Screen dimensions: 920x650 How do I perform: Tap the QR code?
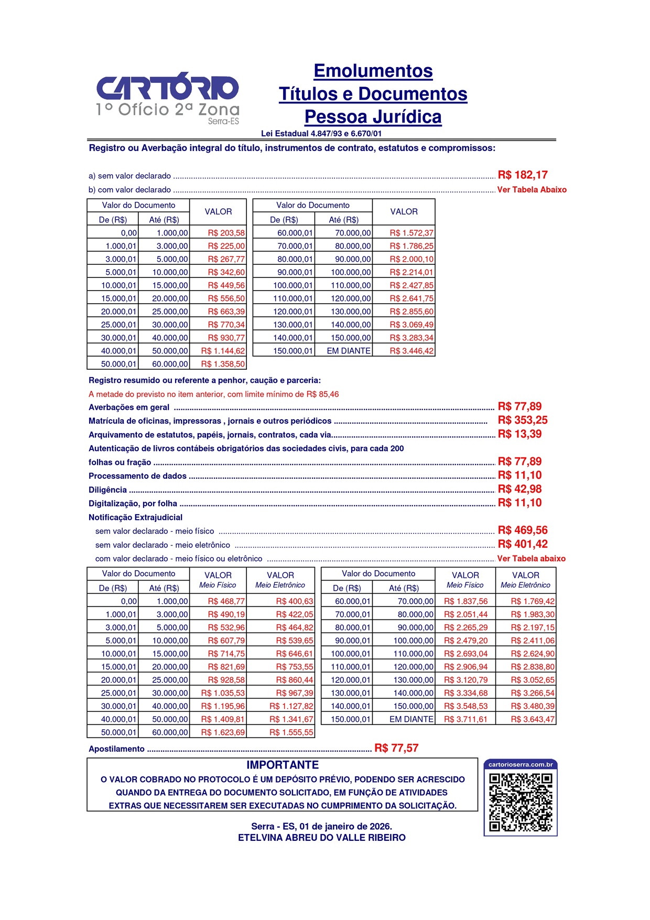coord(521,803)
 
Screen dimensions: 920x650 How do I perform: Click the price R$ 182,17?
coord(522,175)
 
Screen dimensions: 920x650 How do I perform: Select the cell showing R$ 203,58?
coord(226,233)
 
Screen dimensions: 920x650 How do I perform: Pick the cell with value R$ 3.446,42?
coord(411,351)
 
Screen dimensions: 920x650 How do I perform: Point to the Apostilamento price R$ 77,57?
coord(396,748)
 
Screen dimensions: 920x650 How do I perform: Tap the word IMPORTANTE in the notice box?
coord(283,765)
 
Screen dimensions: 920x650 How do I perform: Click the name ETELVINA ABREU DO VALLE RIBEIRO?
coord(321,838)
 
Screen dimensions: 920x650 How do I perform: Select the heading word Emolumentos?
coord(373,71)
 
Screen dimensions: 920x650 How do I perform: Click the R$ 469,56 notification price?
coord(522,530)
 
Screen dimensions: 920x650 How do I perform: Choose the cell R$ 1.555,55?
coord(291,732)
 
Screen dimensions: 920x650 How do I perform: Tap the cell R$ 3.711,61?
coord(465,719)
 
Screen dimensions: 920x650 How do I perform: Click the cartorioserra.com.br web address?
coord(521,764)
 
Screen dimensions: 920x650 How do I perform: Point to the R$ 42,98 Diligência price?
coord(519,489)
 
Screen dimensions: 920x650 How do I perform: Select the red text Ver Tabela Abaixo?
coord(532,190)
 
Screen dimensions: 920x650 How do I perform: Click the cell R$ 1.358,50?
coord(223,364)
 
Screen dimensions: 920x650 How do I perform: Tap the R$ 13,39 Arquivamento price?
coord(519,434)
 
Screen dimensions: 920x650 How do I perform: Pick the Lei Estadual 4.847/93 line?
coord(321,134)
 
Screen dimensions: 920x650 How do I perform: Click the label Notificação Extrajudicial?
coord(135,517)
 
